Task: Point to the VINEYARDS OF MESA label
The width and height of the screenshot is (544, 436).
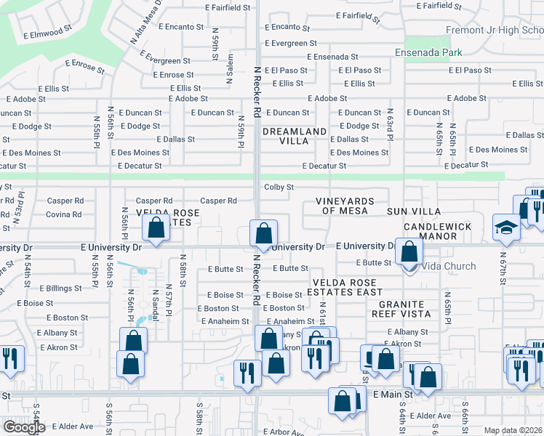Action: click(345, 206)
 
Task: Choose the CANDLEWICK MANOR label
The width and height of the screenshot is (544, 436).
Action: click(439, 232)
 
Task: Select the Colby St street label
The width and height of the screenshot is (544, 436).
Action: click(279, 187)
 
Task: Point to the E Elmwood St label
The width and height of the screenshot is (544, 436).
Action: click(47, 33)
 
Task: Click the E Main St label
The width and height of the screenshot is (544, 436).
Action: click(393, 394)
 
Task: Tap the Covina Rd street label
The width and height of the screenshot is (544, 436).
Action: click(64, 214)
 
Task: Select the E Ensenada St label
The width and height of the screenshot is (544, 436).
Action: click(332, 57)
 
